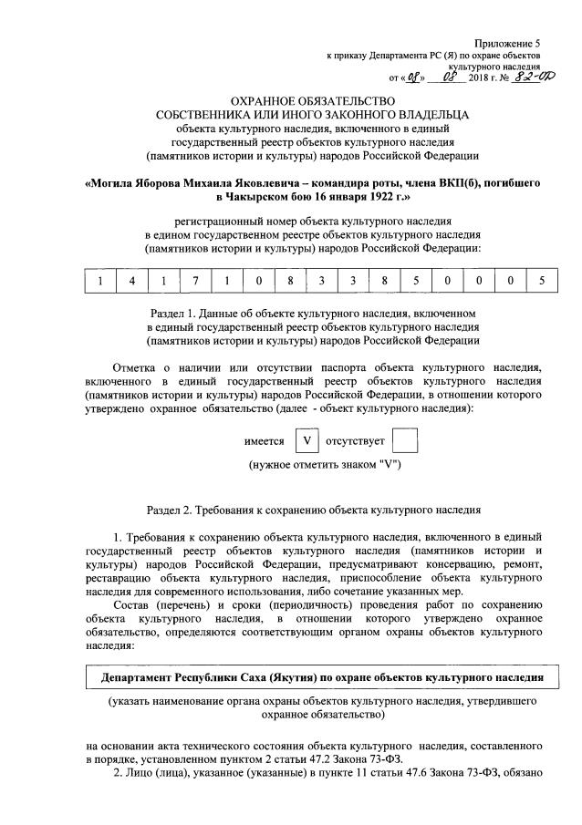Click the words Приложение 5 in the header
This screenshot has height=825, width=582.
(507, 43)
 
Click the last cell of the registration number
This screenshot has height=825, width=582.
(541, 281)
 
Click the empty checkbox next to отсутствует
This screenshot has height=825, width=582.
(404, 441)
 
